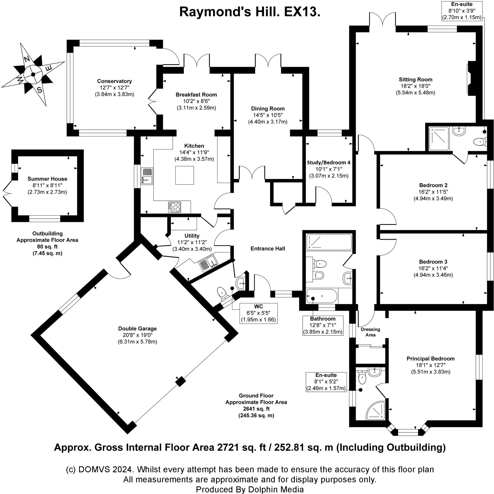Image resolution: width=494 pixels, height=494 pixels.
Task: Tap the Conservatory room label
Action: (114, 81)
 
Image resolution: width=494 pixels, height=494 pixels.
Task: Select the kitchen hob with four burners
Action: (174, 207)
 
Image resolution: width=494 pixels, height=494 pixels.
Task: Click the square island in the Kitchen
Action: (184, 175)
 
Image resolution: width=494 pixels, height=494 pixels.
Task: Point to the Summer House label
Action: (47, 179)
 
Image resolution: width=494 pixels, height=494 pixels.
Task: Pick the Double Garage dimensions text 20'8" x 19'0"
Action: (137, 335)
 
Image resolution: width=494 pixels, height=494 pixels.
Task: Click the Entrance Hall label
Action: (268, 248)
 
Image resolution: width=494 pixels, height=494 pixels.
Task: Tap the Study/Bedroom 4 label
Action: (328, 162)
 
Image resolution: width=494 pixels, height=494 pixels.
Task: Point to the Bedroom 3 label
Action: (433, 261)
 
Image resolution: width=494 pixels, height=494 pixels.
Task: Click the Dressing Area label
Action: (370, 332)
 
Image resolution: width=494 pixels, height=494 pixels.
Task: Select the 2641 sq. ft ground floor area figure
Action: (256, 409)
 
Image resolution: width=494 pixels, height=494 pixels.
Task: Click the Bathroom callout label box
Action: (322, 325)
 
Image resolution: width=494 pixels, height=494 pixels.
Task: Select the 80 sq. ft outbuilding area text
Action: (47, 247)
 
